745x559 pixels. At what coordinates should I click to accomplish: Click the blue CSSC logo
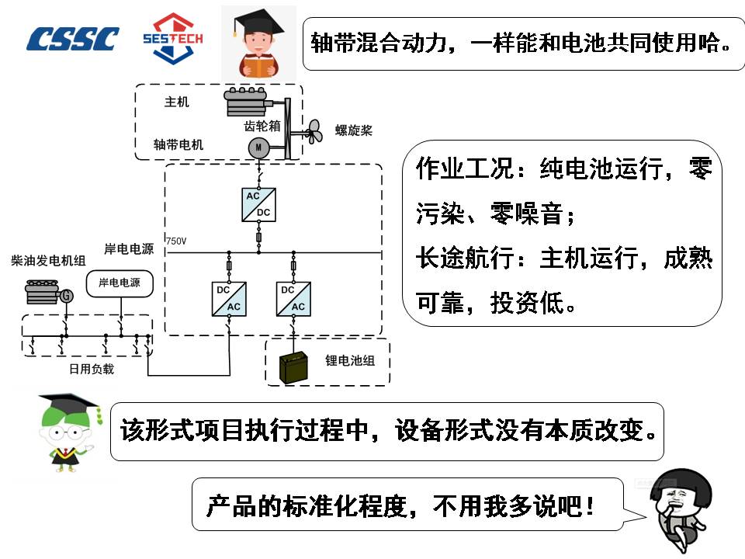(x=74, y=38)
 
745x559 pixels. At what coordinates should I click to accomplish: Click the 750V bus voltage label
(x=176, y=241)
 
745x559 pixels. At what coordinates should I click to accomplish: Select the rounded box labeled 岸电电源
(x=120, y=283)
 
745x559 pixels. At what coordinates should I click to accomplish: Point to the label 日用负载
(x=91, y=369)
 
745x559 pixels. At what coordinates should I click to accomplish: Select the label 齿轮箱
(x=262, y=123)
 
